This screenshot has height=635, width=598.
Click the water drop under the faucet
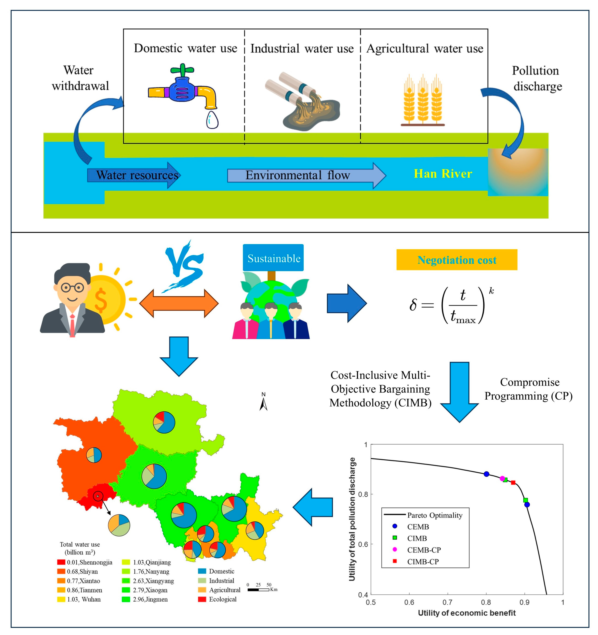click(212, 120)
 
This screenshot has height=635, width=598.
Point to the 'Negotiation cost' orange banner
click(457, 260)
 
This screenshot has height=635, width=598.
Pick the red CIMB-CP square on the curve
click(513, 483)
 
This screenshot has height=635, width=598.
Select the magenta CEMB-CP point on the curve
click(502, 478)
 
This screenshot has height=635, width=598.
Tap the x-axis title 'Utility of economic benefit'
click(466, 613)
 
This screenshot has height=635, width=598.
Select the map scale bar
click(258, 589)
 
